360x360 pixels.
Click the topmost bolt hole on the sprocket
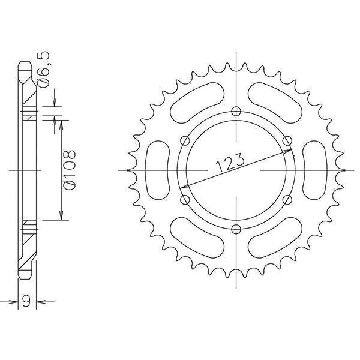(x=236, y=112)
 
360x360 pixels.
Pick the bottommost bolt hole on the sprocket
(x=236, y=229)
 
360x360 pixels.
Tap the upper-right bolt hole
(x=287, y=141)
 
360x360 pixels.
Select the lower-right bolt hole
(x=287, y=199)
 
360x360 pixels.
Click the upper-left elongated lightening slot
(x=197, y=103)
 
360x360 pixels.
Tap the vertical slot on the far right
(x=314, y=170)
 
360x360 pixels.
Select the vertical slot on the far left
(x=158, y=170)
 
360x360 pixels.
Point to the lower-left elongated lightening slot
(x=197, y=238)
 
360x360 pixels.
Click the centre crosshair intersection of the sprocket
(x=236, y=170)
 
